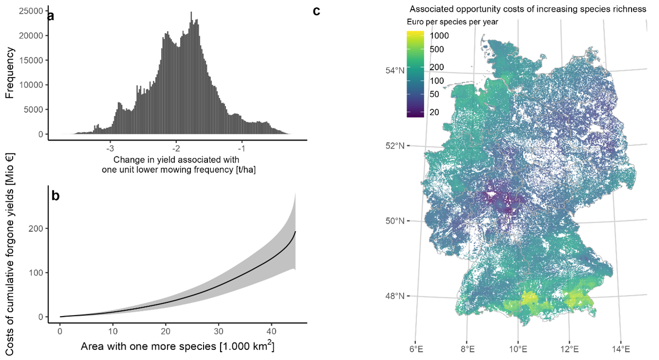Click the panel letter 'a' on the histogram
tap(50, 16)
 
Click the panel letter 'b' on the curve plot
tap(55, 196)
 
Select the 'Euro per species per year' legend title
tap(452, 22)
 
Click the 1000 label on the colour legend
tap(440, 36)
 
